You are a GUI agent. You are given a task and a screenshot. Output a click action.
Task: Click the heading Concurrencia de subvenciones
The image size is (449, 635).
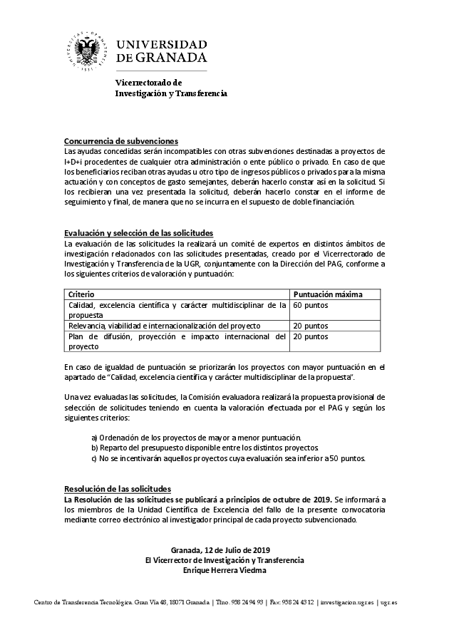120,140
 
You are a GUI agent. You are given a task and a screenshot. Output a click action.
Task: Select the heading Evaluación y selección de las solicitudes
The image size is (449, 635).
138,233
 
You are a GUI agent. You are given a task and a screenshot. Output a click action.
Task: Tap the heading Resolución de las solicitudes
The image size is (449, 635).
118,489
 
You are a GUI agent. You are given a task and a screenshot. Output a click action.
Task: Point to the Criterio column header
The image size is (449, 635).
81,294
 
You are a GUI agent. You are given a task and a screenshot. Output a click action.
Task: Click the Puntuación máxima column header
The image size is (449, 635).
328,294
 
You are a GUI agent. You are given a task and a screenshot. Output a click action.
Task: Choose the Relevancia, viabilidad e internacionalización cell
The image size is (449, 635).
164,326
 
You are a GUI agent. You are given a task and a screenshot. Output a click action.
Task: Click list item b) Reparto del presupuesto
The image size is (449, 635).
205,448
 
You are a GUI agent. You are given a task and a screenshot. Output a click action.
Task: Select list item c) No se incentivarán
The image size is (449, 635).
228,458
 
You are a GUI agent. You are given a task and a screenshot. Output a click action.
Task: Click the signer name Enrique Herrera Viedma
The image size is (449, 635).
224,571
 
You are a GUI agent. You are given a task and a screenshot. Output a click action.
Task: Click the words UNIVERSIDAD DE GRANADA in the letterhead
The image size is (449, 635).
161,51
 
